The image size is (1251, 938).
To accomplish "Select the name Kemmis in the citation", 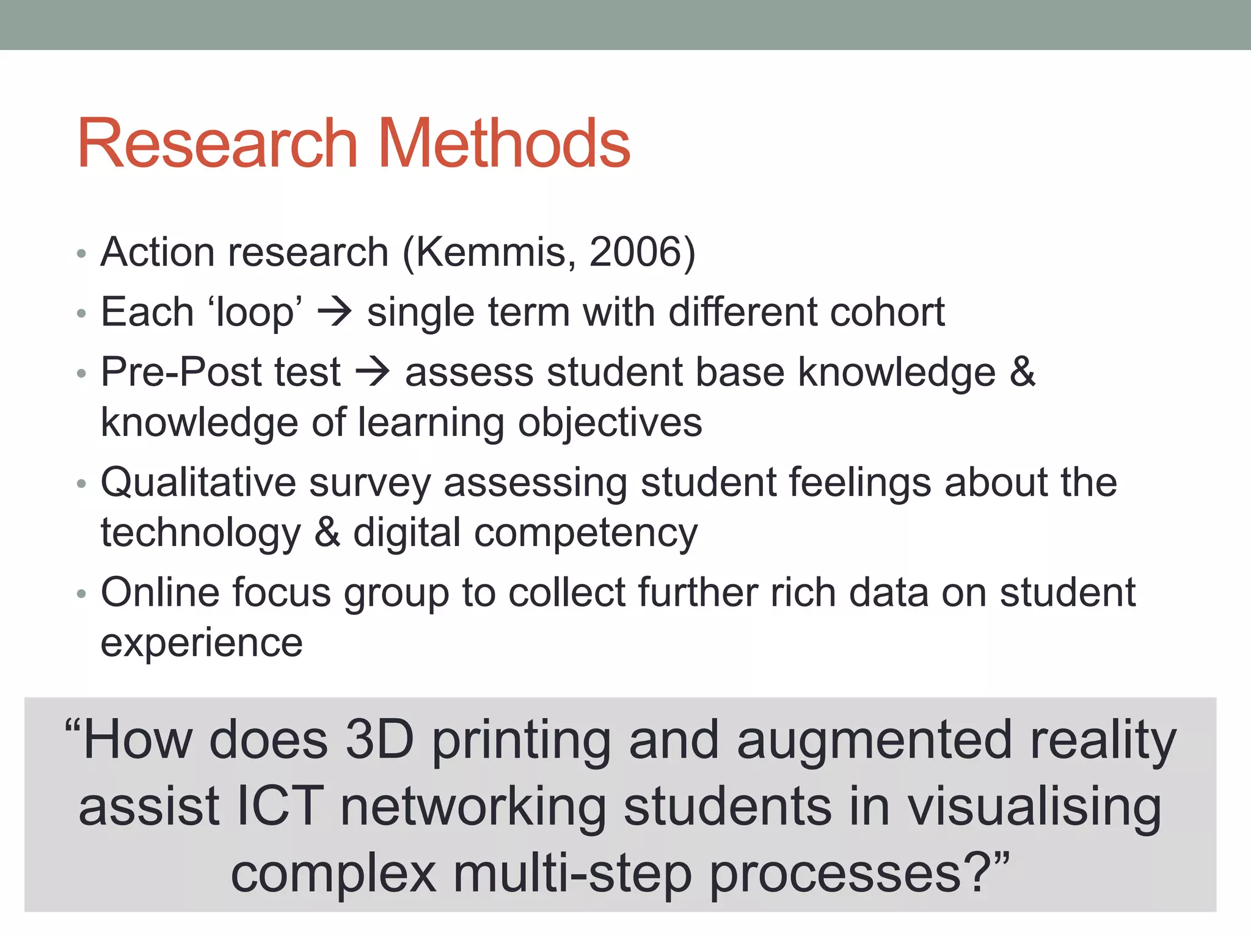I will point(495,252).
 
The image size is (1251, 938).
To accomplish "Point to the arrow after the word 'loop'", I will point(335,311).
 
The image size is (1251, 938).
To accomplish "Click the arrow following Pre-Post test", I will point(373,371).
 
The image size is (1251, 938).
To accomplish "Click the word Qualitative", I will point(199,482).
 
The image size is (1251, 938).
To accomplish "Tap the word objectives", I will point(610,423).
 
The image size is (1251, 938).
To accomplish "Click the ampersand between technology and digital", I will point(327,533).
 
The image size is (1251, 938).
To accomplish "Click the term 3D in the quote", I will point(379,740).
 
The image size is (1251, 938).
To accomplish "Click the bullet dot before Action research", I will point(82,253).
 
